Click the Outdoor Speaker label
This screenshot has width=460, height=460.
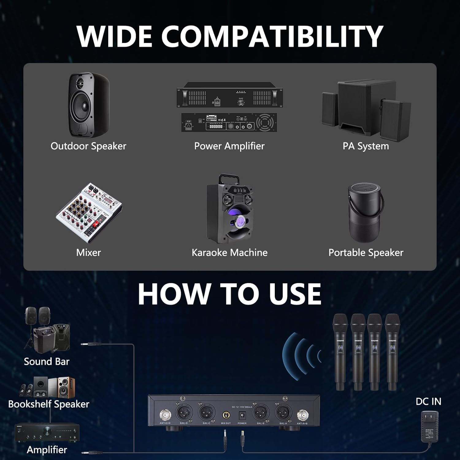tap(88, 146)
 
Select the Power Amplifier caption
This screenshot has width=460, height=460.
tap(229, 146)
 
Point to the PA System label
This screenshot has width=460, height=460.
tap(366, 146)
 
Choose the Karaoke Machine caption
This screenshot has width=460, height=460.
tap(229, 253)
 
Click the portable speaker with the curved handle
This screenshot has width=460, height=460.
tap(366, 213)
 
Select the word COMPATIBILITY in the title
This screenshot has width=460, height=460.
tap(272, 36)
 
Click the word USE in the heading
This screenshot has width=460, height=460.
tap(295, 293)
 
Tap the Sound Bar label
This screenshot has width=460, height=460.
tap(47, 362)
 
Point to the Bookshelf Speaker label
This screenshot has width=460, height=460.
tap(48, 404)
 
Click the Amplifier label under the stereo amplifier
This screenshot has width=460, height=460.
tap(47, 450)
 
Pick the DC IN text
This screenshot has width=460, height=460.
tap(428, 401)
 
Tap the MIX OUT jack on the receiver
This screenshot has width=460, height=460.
tap(226, 416)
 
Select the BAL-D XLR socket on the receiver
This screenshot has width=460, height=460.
tap(184, 413)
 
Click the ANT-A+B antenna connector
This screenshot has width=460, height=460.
tap(302, 416)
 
